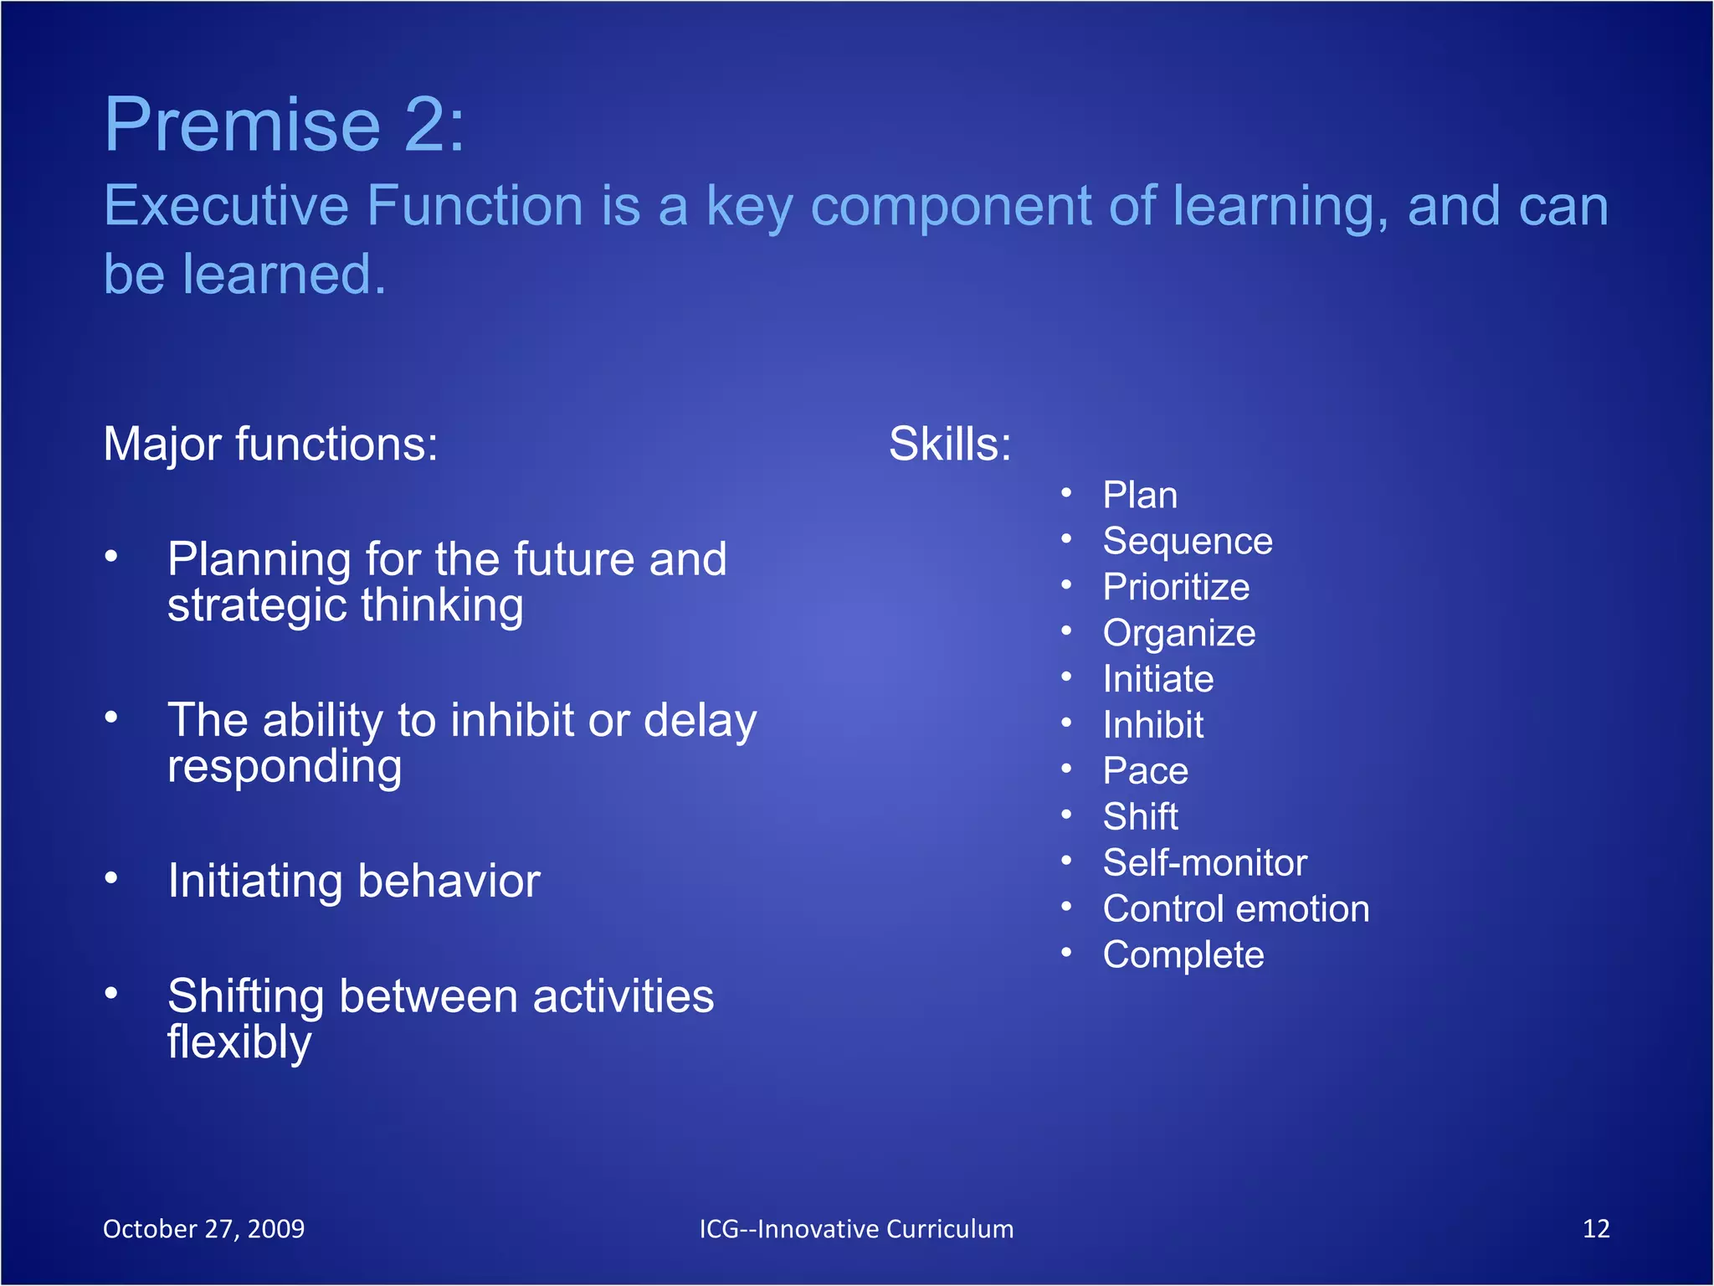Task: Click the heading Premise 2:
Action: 284,126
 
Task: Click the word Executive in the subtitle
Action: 226,207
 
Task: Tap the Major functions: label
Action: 270,444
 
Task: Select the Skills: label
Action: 950,444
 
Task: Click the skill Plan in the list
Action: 1140,496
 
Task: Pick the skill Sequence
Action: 1188,542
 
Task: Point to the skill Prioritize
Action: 1176,587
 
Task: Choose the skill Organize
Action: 1179,634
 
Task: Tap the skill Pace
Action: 1145,771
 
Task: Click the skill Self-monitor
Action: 1204,863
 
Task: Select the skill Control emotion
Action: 1236,909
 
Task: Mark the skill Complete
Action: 1183,955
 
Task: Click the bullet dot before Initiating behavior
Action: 111,878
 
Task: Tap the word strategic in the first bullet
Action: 258,605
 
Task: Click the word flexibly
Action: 239,1043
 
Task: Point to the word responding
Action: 285,767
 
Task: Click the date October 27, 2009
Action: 203,1229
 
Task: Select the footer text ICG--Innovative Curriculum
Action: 856,1229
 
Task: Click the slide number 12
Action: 1596,1229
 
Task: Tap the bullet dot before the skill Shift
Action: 1066,815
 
